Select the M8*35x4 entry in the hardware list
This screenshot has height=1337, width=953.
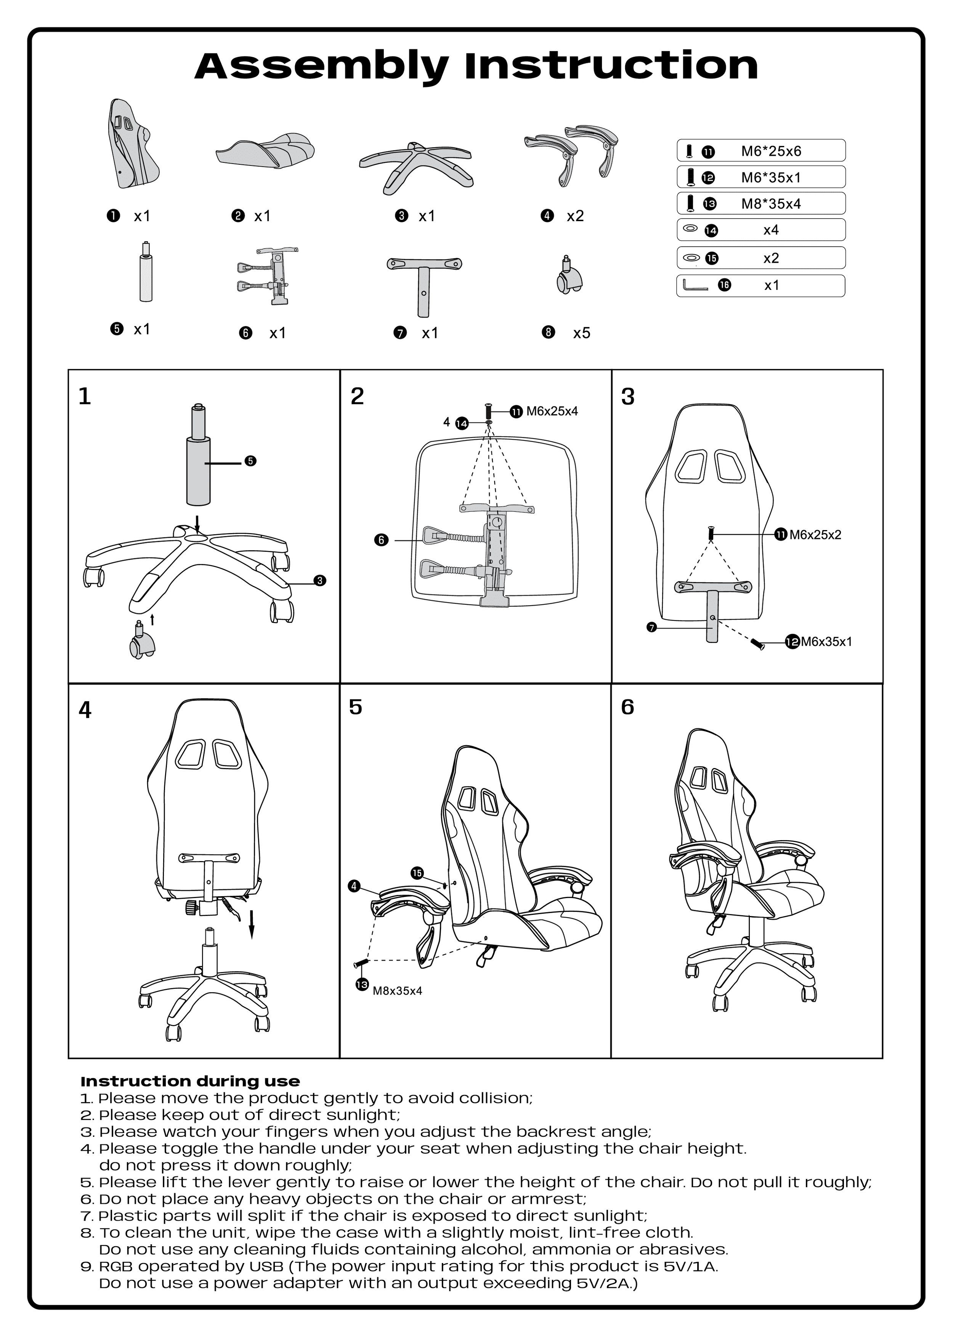[770, 204]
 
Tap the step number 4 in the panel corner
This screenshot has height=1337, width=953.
[85, 710]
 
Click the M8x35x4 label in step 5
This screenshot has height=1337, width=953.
[397, 991]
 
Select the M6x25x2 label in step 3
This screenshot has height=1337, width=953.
[815, 535]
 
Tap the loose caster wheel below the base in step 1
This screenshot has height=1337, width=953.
[141, 642]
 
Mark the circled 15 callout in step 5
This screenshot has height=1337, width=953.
[417, 873]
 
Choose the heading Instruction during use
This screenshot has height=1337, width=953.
[190, 1081]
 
